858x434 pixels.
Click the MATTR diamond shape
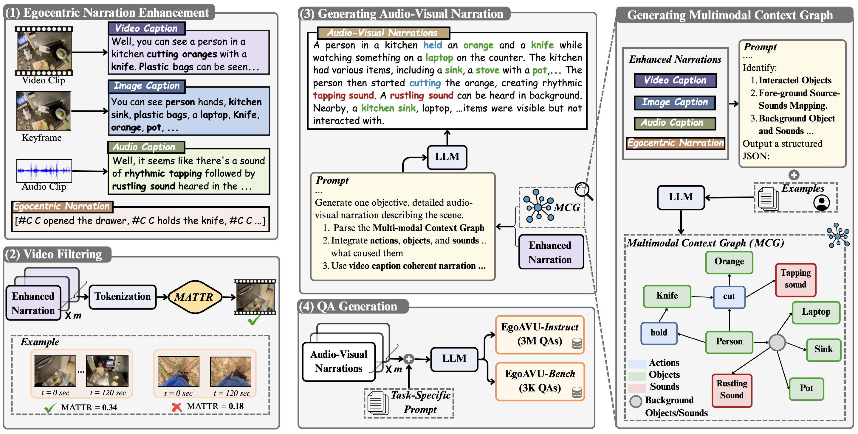click(x=194, y=297)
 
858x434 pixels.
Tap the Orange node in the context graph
click(x=729, y=262)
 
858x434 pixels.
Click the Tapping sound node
click(x=795, y=279)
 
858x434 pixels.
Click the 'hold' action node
click(x=659, y=333)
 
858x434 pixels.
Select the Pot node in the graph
click(x=806, y=388)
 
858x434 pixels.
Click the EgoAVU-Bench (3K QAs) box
click(x=540, y=381)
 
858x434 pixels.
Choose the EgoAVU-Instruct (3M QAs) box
click(x=540, y=334)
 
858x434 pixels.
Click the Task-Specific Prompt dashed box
click(x=409, y=403)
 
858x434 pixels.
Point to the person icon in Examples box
click(x=821, y=202)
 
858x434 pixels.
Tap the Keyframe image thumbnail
click(x=44, y=111)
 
